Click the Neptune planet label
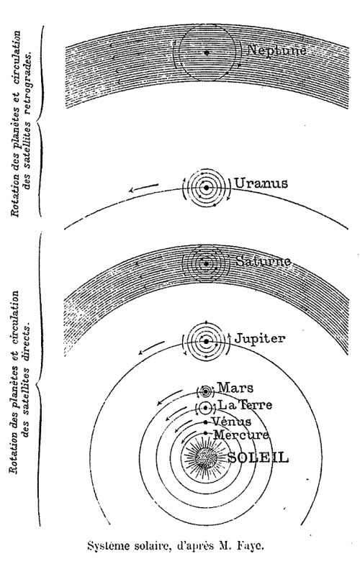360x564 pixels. click(276, 50)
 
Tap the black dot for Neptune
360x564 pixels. click(206, 53)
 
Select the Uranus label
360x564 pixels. click(261, 183)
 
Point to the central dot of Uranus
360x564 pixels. click(206, 187)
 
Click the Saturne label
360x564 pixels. click(264, 260)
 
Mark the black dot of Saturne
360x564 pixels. click(206, 263)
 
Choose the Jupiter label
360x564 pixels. click(260, 339)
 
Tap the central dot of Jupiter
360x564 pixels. click(206, 341)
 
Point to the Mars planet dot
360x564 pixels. click(206, 391)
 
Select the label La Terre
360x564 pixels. click(245, 405)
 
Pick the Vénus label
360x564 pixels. click(231, 422)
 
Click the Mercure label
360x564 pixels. click(241, 435)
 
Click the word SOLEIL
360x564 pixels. click(258, 458)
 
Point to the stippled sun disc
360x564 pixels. click(206, 458)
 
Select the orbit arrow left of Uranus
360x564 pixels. click(144, 188)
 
